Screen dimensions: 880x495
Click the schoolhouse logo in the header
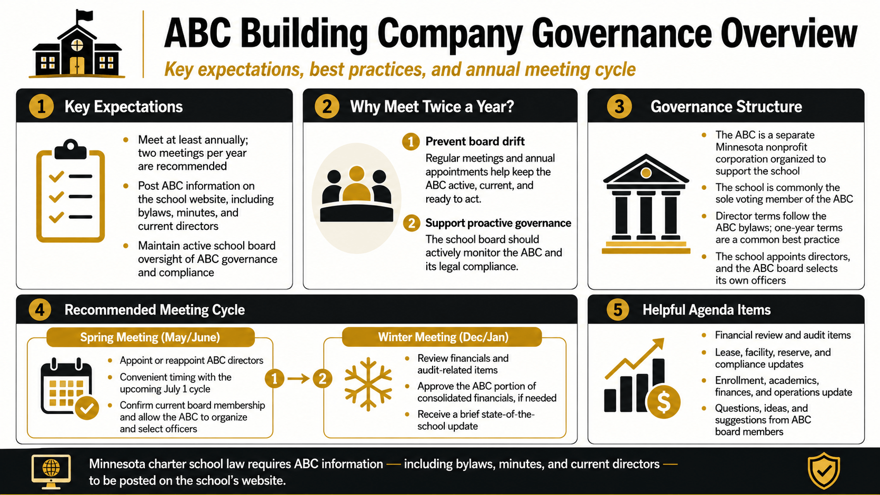click(77, 44)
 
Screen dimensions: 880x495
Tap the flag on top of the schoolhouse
click(84, 16)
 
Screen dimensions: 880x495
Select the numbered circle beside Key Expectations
click(41, 106)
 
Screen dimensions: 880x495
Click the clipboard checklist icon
click(71, 191)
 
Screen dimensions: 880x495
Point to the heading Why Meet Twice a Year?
click(432, 106)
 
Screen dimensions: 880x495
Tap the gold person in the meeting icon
click(356, 184)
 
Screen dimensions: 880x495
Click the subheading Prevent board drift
click(475, 142)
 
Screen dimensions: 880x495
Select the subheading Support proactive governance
click(498, 223)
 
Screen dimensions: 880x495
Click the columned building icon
click(646, 204)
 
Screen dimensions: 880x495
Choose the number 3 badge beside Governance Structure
click(619, 106)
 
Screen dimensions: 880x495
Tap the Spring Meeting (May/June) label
click(150, 337)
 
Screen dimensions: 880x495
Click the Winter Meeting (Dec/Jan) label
click(443, 337)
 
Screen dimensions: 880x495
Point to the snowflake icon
click(368, 384)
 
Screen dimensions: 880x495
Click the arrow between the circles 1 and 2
click(298, 379)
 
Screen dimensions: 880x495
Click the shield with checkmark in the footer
click(824, 471)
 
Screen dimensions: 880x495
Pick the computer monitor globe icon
click(51, 471)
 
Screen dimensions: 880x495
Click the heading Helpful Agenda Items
click(706, 310)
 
